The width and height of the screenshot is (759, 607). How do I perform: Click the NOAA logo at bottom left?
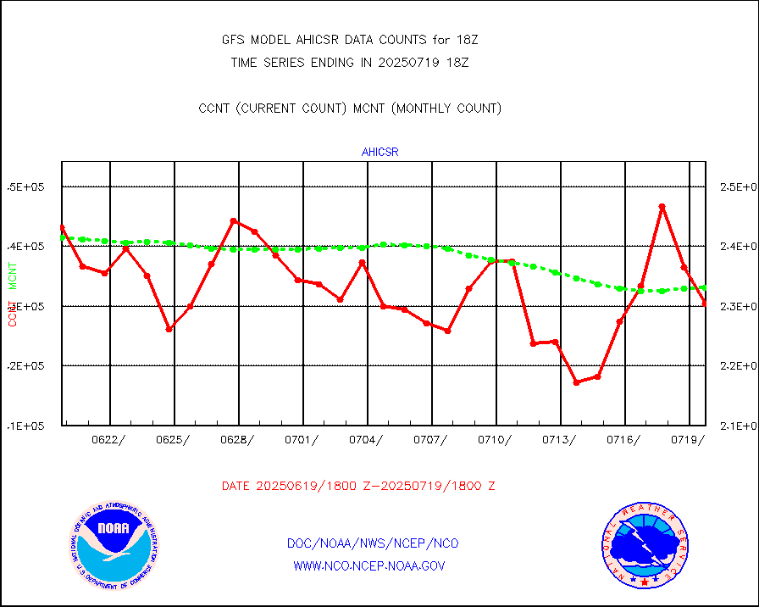[114, 545]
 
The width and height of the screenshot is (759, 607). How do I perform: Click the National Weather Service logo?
[645, 545]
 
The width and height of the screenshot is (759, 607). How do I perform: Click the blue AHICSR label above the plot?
[379, 153]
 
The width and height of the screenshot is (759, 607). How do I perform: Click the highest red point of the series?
[662, 206]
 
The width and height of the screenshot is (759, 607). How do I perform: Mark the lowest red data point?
[576, 382]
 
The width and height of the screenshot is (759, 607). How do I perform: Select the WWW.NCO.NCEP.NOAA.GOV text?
[368, 565]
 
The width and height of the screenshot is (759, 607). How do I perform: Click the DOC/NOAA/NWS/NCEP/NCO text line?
[374, 543]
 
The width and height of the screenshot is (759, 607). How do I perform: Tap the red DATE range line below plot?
[358, 487]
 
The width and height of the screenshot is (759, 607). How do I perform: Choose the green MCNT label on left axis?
[14, 276]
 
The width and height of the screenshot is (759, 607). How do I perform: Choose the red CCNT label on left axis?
[14, 314]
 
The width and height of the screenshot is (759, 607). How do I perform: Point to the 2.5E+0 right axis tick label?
[737, 187]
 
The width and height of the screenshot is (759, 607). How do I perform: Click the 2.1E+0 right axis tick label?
[737, 426]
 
